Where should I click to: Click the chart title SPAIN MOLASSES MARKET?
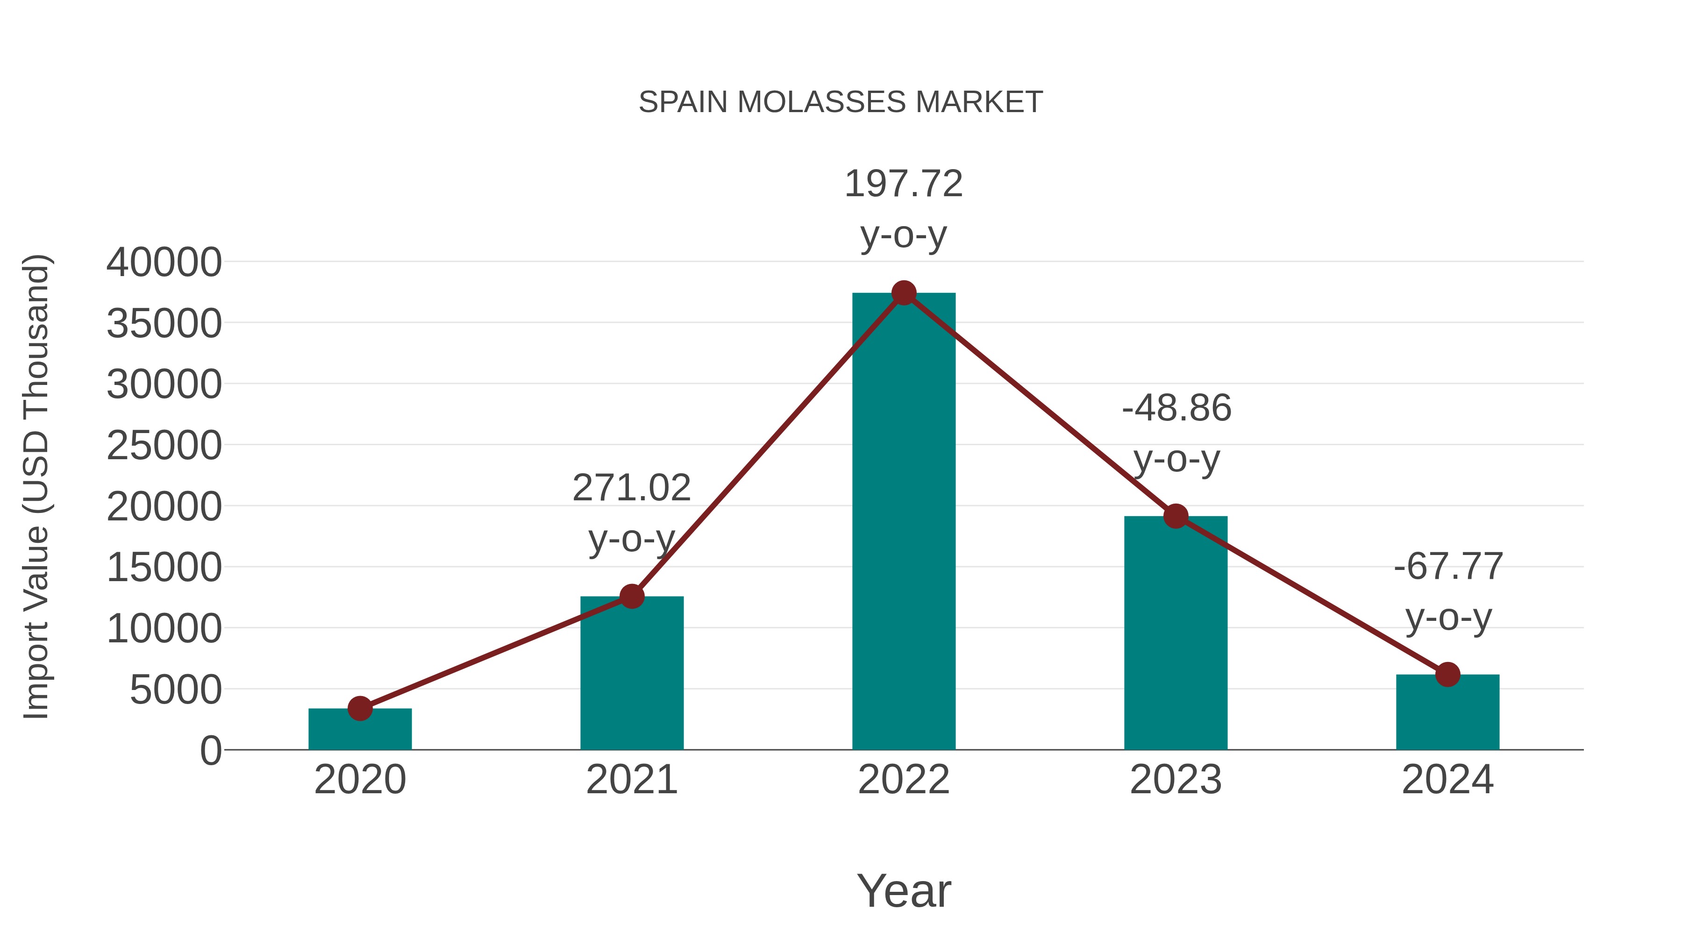point(841,102)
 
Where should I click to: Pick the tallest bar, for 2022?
point(904,522)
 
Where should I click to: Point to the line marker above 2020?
point(360,708)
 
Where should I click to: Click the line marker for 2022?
point(904,293)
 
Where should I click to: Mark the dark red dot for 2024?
point(1447,675)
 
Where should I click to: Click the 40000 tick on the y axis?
point(164,263)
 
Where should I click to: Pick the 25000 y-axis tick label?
point(164,446)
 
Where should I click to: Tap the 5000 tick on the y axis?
point(176,690)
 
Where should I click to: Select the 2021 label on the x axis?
point(631,780)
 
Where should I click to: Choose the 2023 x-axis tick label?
point(1176,780)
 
